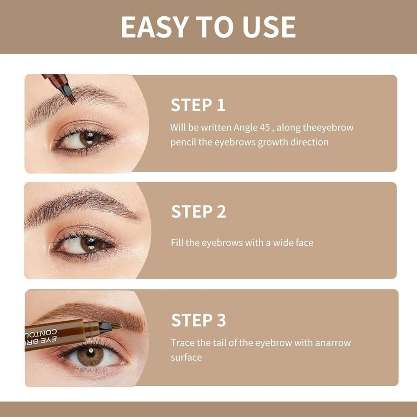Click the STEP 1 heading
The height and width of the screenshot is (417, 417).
(198, 106)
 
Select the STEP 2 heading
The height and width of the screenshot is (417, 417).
(198, 212)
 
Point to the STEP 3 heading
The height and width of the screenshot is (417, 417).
(198, 320)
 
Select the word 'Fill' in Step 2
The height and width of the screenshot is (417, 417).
(177, 242)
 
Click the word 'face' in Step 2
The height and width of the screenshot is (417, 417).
(304, 242)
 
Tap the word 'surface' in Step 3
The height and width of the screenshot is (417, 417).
(186, 357)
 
